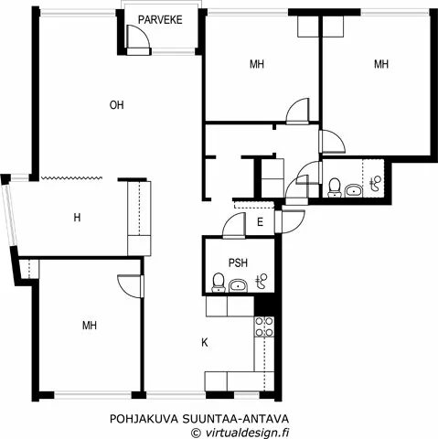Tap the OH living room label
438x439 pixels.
click(116, 105)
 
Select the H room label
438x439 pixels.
click(78, 218)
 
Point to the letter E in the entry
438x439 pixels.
click(261, 222)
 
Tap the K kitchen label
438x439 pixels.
click(204, 343)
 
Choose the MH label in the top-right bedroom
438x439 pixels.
click(381, 64)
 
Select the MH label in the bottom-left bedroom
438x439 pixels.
click(89, 325)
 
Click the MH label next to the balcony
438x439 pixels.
click(257, 64)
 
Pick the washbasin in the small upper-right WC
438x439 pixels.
click(353, 190)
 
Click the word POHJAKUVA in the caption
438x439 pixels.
click(142, 418)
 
